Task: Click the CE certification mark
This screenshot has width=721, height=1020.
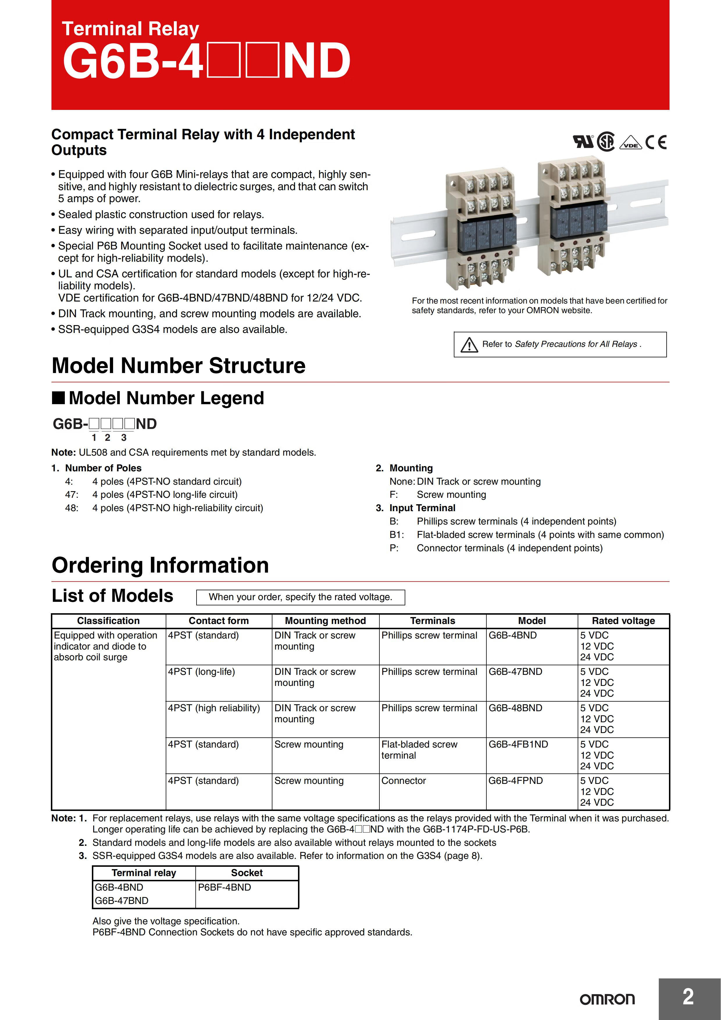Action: (656, 142)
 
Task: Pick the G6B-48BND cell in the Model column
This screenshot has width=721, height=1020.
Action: (515, 708)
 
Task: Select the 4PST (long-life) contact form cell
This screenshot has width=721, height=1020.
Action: (201, 671)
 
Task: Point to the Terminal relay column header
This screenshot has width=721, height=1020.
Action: (144, 873)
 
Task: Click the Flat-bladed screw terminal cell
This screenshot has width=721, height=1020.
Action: (419, 750)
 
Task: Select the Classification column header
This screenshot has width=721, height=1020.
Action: (108, 620)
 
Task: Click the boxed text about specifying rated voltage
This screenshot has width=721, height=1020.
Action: (300, 597)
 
